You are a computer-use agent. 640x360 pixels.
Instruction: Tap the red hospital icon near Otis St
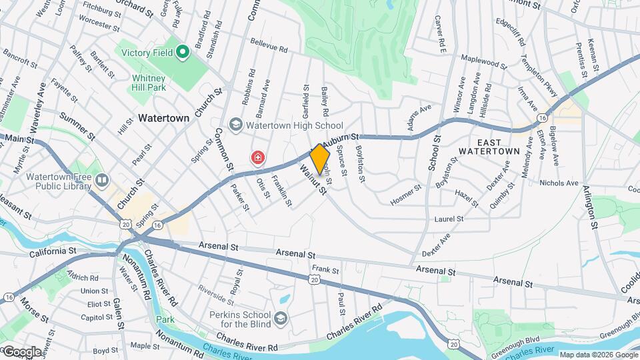coord(257,158)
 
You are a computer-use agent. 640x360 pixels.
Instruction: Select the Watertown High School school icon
coord(235,125)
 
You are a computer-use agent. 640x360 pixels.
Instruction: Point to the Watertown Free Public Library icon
coord(101,180)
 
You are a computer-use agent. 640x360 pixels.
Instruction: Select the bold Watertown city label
coord(164,117)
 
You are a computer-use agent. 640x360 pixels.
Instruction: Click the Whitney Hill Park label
coord(147,83)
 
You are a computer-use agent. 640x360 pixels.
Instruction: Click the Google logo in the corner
coord(22,351)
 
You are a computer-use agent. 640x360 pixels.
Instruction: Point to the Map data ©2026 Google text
coord(597,355)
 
